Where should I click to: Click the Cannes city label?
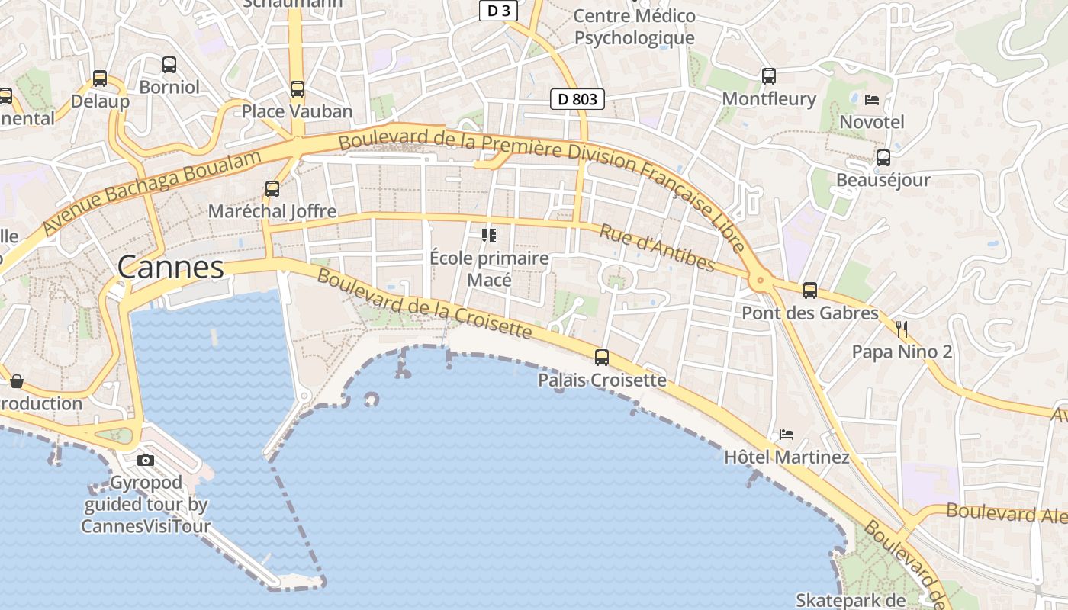(x=171, y=268)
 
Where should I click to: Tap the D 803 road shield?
(x=577, y=99)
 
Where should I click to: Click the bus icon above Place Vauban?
(x=298, y=89)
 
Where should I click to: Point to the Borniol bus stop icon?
(x=169, y=65)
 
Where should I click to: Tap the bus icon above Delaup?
(x=100, y=79)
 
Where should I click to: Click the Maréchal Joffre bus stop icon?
(x=272, y=188)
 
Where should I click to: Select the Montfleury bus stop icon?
(x=769, y=76)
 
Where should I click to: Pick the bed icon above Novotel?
(x=872, y=99)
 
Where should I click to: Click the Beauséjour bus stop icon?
(x=883, y=158)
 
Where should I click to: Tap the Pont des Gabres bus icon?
(x=810, y=291)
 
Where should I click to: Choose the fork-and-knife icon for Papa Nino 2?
(x=902, y=329)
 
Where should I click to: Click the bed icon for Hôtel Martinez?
(x=787, y=435)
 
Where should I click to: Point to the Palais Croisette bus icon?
(x=602, y=357)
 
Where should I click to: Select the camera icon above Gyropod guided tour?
(x=146, y=460)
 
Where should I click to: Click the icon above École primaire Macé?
(x=489, y=235)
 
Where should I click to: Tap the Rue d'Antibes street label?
(x=657, y=248)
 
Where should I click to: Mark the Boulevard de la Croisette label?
(x=423, y=303)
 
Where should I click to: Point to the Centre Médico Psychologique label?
(x=634, y=27)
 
